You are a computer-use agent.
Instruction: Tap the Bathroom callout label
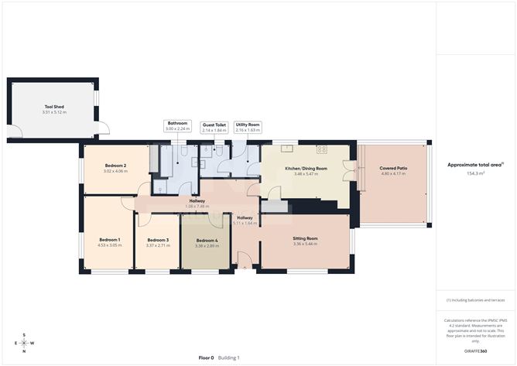point(178,123)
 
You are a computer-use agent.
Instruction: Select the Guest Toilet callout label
point(214,125)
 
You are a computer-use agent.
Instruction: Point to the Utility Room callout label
point(248,125)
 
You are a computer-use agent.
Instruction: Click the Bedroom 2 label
point(115,166)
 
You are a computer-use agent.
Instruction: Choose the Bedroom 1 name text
point(110,239)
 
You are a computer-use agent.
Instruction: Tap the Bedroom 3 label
point(158,240)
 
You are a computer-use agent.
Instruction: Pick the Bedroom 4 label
point(207,240)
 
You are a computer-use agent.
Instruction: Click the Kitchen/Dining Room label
point(306,168)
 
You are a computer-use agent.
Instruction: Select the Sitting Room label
point(306,239)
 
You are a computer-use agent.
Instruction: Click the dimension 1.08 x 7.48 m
point(197,207)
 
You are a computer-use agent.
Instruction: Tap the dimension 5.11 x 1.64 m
point(245,223)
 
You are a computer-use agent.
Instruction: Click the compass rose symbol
point(24,343)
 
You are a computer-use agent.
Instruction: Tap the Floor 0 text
point(206,357)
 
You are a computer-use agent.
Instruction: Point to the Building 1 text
point(228,357)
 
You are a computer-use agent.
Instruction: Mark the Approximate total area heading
point(474,165)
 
